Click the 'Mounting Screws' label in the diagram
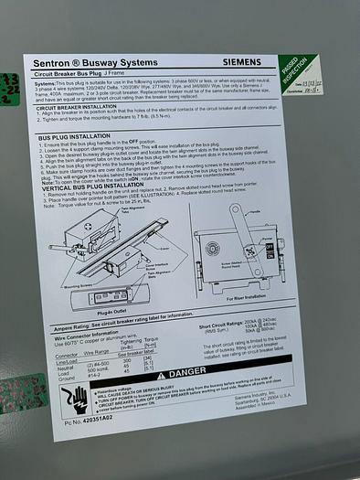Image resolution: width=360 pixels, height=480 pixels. pyautogui.click(x=81, y=286)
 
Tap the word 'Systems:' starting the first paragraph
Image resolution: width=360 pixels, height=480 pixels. pyautogui.click(x=47, y=80)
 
